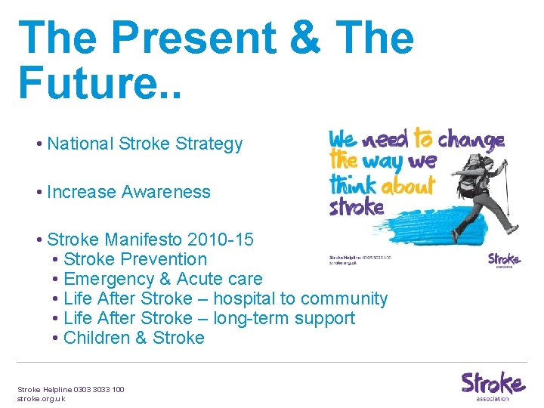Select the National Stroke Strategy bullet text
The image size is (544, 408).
coord(144,144)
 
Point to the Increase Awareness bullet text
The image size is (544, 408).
coord(128,192)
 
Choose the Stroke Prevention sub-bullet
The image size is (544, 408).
coord(135,259)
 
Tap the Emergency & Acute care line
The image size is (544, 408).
coord(163,279)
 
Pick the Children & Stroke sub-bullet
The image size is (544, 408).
coord(134,338)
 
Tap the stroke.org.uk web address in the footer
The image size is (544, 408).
coord(42,398)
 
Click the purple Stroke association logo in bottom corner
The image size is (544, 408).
coord(493,385)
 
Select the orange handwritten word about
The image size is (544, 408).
coord(408,185)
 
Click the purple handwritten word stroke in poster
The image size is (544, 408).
coord(357,206)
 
